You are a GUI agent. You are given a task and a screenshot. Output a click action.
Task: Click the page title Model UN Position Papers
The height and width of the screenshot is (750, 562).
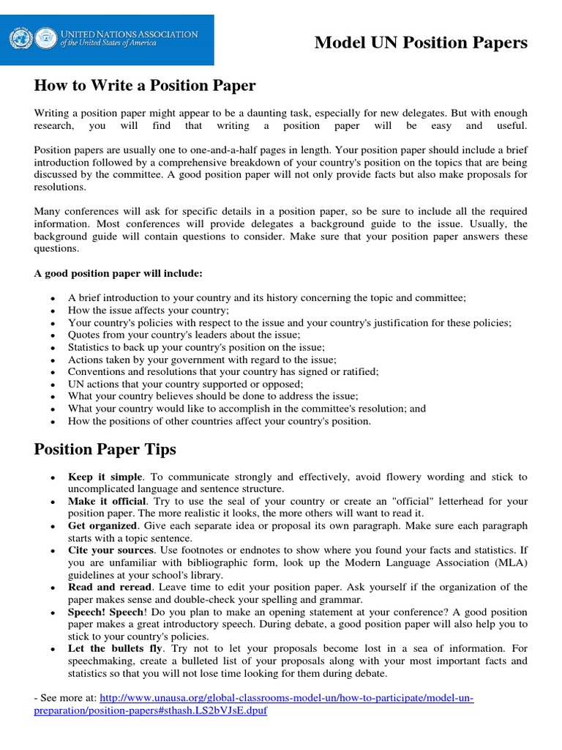420,43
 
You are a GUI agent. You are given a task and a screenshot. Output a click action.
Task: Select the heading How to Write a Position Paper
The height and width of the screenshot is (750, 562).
145,86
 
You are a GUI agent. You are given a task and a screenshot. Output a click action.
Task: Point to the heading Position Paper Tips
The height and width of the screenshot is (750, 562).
105,449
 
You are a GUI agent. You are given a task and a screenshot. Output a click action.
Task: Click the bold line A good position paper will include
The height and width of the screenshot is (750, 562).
118,273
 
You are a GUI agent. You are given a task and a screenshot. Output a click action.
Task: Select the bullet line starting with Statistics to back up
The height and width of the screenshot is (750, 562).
196,347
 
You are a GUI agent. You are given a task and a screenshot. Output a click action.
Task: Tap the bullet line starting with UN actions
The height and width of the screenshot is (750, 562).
185,384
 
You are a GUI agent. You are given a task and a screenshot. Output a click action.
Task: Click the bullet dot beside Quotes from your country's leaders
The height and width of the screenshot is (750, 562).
52,335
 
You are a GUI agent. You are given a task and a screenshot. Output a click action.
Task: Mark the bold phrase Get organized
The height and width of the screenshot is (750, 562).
102,526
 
